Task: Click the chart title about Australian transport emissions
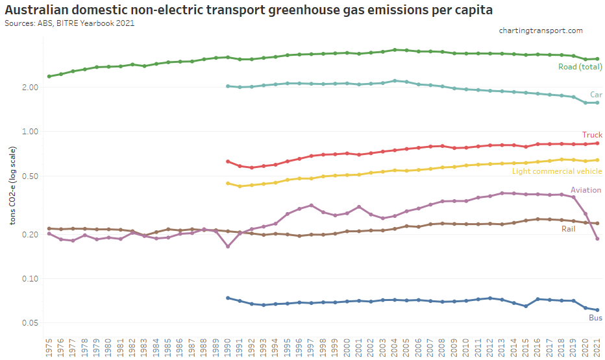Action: (x=247, y=10)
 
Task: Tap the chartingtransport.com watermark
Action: (x=541, y=30)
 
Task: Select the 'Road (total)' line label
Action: (x=580, y=67)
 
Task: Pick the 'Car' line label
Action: (x=596, y=95)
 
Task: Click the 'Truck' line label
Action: (x=592, y=135)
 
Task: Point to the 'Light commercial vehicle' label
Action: (x=557, y=171)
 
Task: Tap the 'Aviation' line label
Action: (x=586, y=190)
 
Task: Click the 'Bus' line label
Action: (x=595, y=318)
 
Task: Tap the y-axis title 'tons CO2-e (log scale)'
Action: (x=13, y=186)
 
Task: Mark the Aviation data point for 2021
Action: (x=597, y=239)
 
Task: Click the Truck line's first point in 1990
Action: (x=228, y=162)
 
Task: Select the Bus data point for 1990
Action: (x=228, y=298)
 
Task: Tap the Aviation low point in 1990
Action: (x=228, y=246)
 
